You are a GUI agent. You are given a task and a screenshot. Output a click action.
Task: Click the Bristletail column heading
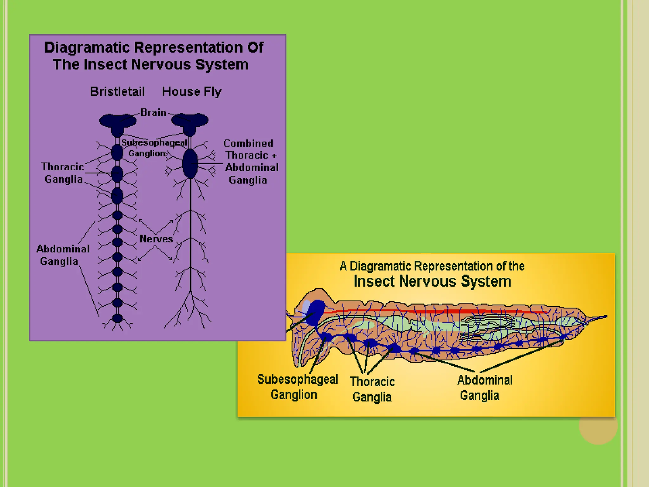[x=117, y=92]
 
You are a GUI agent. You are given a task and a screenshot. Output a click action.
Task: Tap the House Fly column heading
[x=191, y=92]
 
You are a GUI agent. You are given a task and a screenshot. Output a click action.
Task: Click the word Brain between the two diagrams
[x=153, y=113]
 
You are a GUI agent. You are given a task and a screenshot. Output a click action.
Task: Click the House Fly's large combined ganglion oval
[x=190, y=164]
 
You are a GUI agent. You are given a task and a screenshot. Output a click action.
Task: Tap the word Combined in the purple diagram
[x=248, y=143]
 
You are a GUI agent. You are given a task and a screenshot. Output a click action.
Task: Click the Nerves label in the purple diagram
[x=156, y=239]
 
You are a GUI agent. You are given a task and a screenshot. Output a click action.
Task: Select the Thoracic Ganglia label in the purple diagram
[x=63, y=173]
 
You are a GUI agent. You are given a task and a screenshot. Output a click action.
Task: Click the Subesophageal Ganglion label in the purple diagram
[x=154, y=148]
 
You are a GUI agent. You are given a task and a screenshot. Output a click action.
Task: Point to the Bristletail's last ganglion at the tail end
[x=117, y=318]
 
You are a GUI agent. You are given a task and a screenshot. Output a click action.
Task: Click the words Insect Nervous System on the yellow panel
[x=432, y=281]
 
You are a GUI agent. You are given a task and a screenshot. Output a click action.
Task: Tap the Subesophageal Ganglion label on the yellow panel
[x=297, y=387]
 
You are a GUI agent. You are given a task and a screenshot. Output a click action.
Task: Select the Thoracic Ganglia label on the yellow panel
[x=372, y=389]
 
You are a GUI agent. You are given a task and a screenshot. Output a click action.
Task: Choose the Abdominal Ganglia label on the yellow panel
[x=484, y=387]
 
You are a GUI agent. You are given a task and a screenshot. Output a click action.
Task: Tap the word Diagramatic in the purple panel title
[x=87, y=48]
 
